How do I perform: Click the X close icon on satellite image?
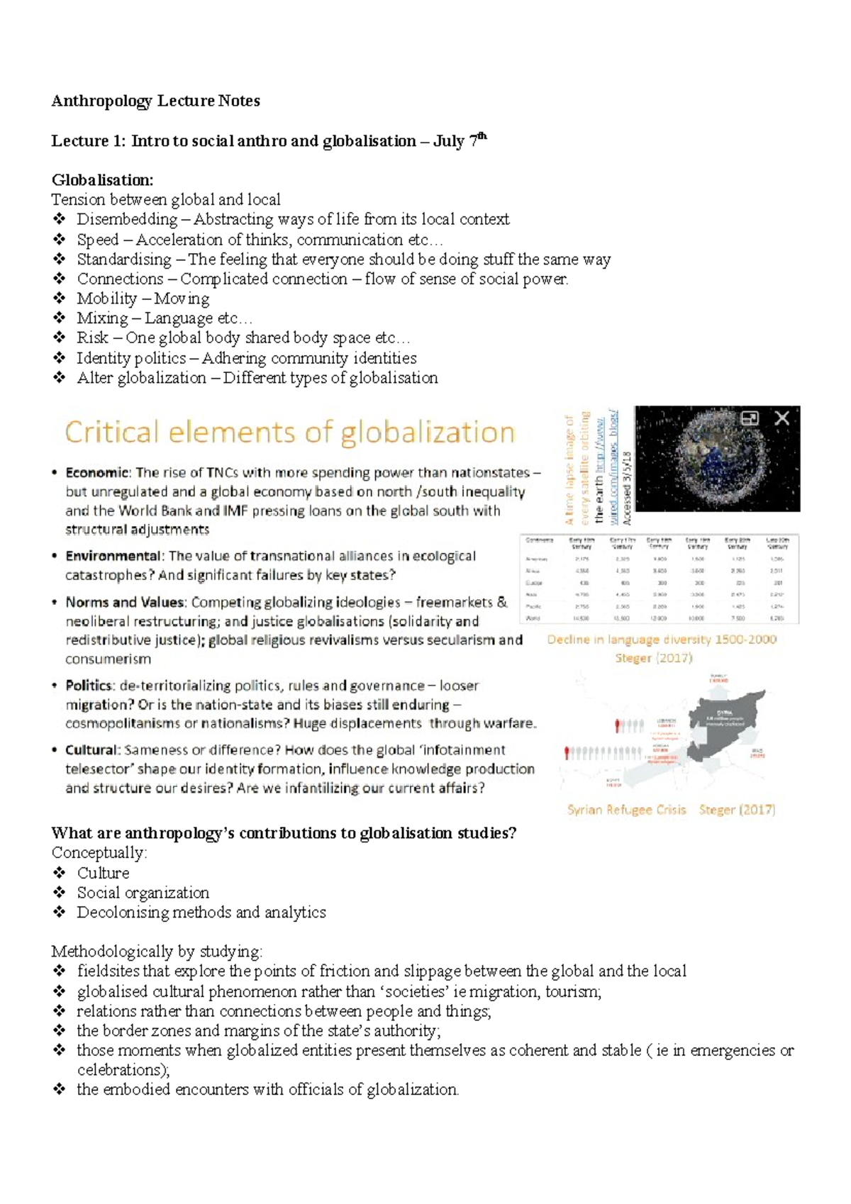tap(782, 418)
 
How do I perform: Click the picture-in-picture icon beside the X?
tap(750, 418)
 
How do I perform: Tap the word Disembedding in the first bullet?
tap(127, 219)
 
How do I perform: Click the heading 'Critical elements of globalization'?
tap(289, 433)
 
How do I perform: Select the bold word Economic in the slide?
tap(97, 473)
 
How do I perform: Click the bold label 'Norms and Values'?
tap(125, 602)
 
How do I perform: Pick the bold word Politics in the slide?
tap(89, 686)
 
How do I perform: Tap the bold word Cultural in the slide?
tap(91, 750)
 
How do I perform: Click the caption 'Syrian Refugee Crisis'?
tap(626, 810)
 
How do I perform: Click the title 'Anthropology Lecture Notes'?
tap(155, 101)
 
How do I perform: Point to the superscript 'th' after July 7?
tap(482, 135)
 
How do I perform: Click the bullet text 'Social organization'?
tap(143, 893)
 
